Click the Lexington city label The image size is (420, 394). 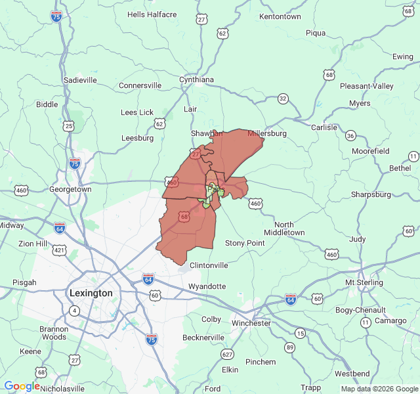pyautogui.click(x=91, y=293)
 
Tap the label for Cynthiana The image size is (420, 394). pyautogui.click(x=197, y=80)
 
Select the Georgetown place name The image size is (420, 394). pyautogui.click(x=70, y=189)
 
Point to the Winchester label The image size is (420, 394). pyautogui.click(x=251, y=323)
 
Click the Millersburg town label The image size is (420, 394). pyautogui.click(x=267, y=133)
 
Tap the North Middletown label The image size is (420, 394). pyautogui.click(x=285, y=229)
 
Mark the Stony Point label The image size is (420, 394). pyautogui.click(x=245, y=244)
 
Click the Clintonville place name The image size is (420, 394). pyautogui.click(x=209, y=265)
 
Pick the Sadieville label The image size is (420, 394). pyautogui.click(x=80, y=80)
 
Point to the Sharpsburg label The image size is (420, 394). pyautogui.click(x=371, y=194)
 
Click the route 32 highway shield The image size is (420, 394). pyautogui.click(x=283, y=98)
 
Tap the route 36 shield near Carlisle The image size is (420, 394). pyautogui.click(x=351, y=136)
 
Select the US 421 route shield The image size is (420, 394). pyautogui.click(x=60, y=250)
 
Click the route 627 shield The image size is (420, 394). pyautogui.click(x=228, y=355)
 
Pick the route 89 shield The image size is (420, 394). pyautogui.click(x=289, y=347)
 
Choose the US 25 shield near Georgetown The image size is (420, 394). pyautogui.click(x=69, y=125)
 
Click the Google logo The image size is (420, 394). pyautogui.click(x=22, y=387)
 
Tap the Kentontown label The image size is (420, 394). pyautogui.click(x=280, y=16)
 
